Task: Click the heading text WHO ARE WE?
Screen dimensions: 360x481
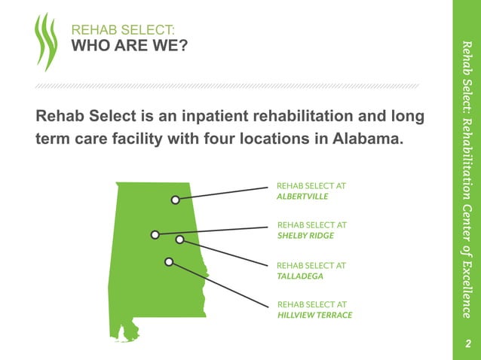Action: pyautogui.click(x=129, y=47)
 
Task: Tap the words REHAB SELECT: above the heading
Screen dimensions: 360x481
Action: pyautogui.click(x=123, y=31)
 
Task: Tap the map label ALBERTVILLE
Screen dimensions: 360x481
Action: pyautogui.click(x=303, y=195)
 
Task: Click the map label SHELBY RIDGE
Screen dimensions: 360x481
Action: pyautogui.click(x=306, y=235)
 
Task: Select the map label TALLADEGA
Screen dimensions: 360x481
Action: pyautogui.click(x=300, y=276)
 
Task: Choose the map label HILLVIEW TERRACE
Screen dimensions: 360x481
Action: pyautogui.click(x=314, y=315)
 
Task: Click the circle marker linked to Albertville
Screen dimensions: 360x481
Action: pyautogui.click(x=175, y=200)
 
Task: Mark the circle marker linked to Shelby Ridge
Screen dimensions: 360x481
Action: pyautogui.click(x=155, y=234)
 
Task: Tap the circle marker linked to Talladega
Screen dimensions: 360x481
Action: pyautogui.click(x=179, y=239)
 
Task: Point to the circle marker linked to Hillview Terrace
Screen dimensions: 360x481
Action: pyautogui.click(x=169, y=261)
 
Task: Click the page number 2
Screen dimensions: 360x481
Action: pyautogui.click(x=467, y=344)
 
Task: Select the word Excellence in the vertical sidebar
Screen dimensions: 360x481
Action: pyautogui.click(x=467, y=290)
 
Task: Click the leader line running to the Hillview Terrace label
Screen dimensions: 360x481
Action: pyautogui.click(x=219, y=284)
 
